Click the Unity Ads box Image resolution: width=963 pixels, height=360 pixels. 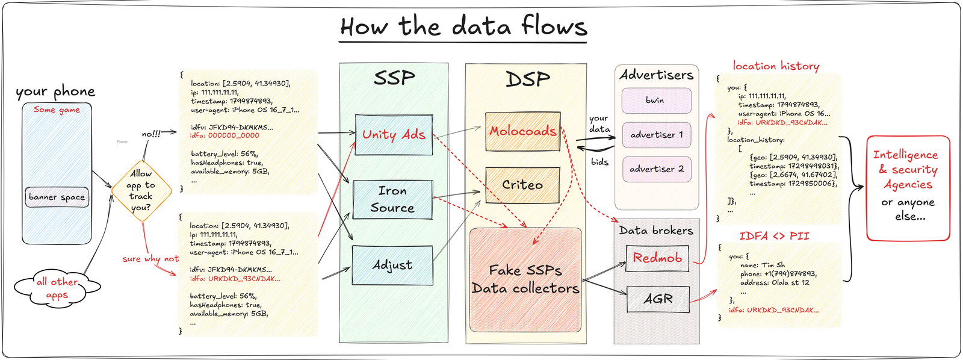point(394,135)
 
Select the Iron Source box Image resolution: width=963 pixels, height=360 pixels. point(392,199)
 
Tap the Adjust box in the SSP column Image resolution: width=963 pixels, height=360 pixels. point(392,265)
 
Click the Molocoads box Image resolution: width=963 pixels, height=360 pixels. point(522,131)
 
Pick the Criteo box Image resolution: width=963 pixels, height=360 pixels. point(522,185)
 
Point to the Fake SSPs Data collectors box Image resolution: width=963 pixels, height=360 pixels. point(525,280)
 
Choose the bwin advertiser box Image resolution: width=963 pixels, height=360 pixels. point(656,101)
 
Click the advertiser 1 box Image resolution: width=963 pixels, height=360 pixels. point(656,135)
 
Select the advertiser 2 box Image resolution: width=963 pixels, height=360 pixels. point(656,169)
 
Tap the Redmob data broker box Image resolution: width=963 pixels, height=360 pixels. point(657,258)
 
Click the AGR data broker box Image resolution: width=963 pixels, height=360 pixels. point(658,299)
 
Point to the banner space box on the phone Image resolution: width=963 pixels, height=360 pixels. point(57,197)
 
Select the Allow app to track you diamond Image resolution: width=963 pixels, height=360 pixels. point(141,190)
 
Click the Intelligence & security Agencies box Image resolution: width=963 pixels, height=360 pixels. point(908,187)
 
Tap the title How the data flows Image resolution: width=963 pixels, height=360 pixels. point(463,27)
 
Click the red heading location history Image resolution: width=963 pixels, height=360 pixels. point(776,66)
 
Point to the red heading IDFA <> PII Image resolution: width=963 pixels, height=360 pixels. point(774,236)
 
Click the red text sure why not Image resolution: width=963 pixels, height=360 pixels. point(150,259)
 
